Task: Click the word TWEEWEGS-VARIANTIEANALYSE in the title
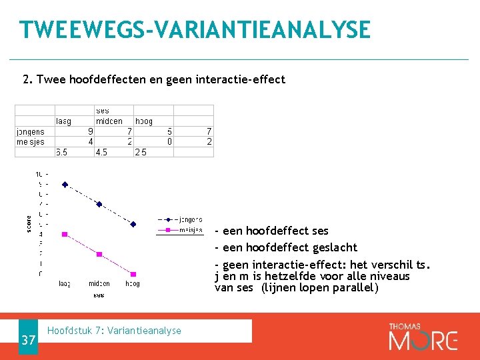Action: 195,30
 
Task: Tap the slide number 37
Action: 28,341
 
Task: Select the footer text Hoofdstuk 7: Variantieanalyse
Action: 115,331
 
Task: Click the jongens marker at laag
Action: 65,184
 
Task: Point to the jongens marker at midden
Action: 99,204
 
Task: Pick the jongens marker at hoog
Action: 133,224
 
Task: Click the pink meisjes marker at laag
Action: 65,234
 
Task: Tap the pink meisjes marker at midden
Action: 99,254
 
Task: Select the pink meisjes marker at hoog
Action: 133,274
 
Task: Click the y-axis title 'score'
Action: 29,223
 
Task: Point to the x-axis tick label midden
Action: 99,284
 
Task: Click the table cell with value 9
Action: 90,132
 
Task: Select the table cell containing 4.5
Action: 101,152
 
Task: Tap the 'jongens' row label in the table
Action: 30,132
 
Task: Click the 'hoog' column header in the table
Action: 143,121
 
